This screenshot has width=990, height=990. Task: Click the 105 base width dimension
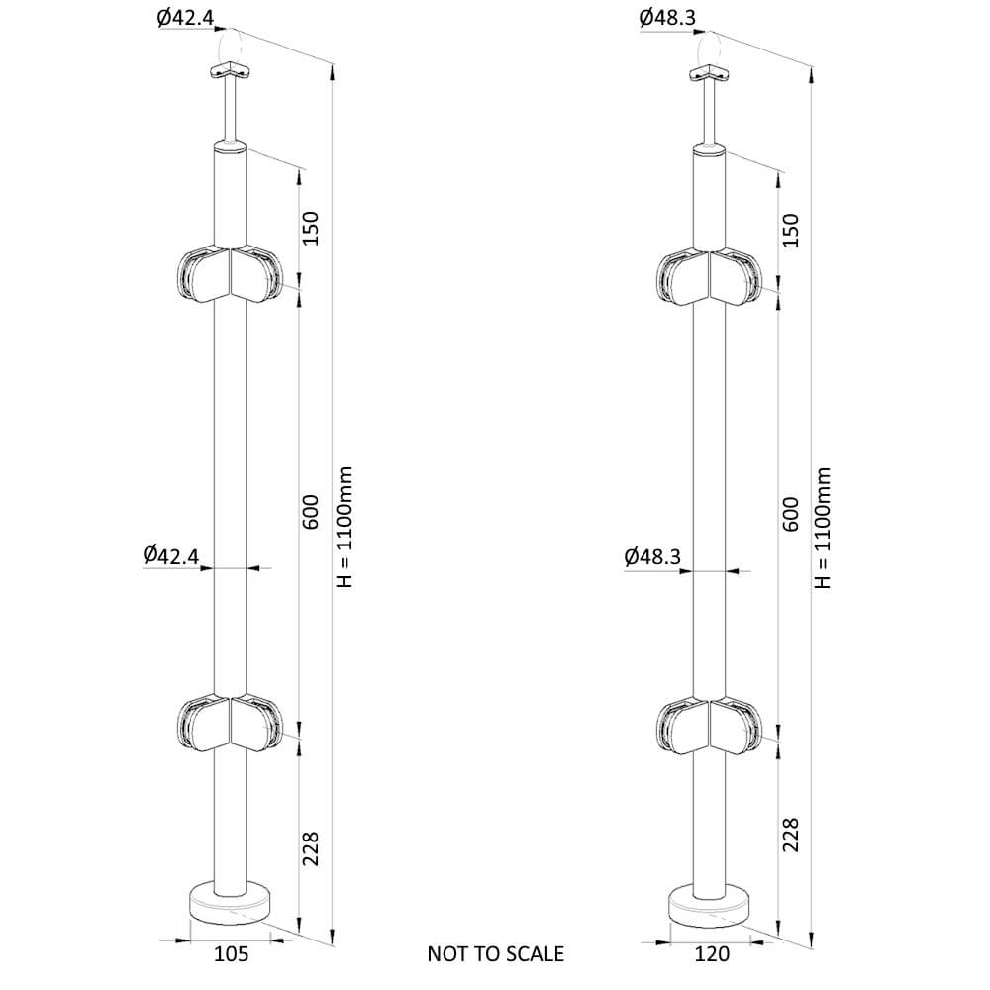tap(231, 953)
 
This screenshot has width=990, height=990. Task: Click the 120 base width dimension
tap(712, 953)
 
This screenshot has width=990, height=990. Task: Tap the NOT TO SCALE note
tap(496, 953)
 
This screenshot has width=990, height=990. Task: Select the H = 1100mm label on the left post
tap(345, 528)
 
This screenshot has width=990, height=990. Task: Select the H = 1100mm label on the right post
tap(824, 528)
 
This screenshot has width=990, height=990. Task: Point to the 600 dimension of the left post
tap(311, 512)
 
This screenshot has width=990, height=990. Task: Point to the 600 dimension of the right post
tap(790, 514)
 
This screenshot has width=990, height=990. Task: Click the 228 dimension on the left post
tap(311, 848)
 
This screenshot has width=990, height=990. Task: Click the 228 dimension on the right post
tap(790, 835)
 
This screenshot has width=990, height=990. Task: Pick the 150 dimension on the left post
tap(311, 228)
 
